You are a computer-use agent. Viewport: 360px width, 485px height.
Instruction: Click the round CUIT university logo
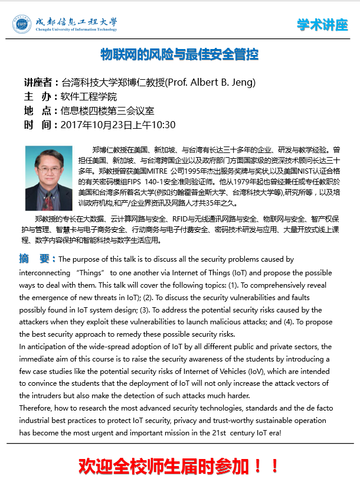(22, 24)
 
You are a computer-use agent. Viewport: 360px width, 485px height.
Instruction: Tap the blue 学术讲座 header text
(322, 25)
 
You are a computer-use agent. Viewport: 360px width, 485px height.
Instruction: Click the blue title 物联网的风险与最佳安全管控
(179, 55)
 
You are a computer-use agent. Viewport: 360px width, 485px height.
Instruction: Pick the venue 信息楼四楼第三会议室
(107, 110)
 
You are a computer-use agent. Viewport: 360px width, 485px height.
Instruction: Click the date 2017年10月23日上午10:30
(119, 125)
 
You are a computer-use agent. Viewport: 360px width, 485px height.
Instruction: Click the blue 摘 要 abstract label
(37, 259)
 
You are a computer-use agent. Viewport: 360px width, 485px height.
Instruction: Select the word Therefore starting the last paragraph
(38, 408)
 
